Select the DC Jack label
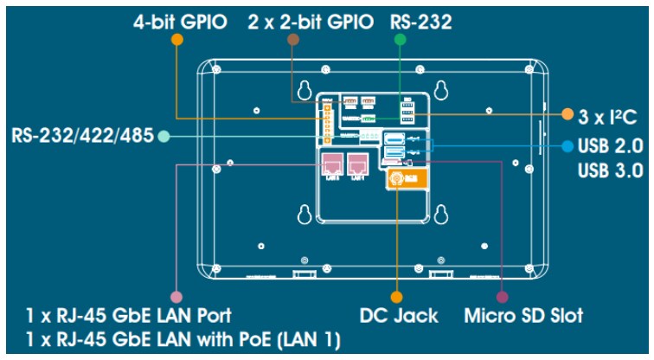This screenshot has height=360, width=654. coord(396,315)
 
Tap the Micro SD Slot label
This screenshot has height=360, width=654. coord(524,315)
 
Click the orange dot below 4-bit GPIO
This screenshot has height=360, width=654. coord(177,40)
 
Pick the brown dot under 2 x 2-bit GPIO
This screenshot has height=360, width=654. coord(293,40)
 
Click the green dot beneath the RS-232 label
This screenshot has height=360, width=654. coord(399,40)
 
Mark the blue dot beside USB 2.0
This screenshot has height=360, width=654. coord(567,146)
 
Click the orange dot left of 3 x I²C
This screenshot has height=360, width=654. coord(567,114)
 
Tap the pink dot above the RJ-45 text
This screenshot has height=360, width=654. coord(176,294)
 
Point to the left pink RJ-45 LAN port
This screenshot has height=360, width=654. coord(332,162)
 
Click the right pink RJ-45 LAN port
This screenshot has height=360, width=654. coord(356,162)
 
